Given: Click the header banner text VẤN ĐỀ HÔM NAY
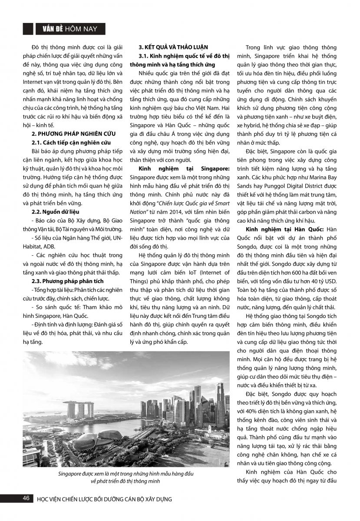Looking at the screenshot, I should (69, 29).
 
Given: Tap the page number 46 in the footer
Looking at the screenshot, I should (26, 498).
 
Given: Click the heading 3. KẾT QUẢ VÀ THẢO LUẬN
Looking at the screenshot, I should (173, 47).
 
